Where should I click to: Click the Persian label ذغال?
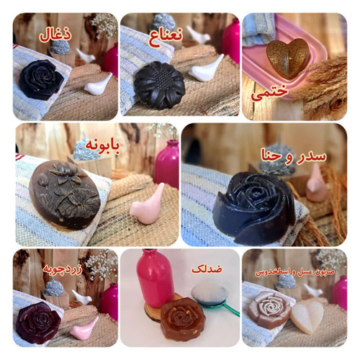(55, 35)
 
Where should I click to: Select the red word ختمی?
(269, 92)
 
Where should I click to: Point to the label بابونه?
(102, 145)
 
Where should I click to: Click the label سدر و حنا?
(294, 156)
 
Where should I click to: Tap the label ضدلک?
(207, 269)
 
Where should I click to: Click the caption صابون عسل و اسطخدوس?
(294, 272)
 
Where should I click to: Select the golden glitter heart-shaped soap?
(288, 58)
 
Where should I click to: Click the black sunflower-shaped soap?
(160, 85)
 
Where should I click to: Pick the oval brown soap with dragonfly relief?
(65, 195)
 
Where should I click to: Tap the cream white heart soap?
(307, 317)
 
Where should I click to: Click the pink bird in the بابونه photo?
(147, 204)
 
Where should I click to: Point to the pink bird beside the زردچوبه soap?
(84, 328)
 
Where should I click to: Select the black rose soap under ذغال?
(41, 80)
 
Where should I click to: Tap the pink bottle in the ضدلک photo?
(156, 279)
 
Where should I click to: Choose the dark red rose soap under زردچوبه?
(38, 323)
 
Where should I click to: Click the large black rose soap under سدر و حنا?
(254, 207)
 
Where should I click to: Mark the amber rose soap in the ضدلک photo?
(183, 319)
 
